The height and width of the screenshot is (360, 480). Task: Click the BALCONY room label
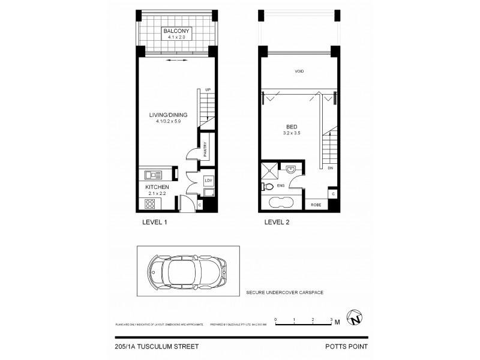click(x=173, y=31)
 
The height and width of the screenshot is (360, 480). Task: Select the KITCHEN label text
click(x=157, y=188)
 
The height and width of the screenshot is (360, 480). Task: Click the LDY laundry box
click(x=208, y=180)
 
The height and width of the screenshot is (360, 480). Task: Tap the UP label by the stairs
click(x=208, y=89)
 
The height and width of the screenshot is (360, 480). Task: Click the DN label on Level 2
click(x=331, y=169)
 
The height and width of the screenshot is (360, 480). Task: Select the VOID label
click(x=299, y=71)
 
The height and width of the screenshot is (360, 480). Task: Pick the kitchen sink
click(x=154, y=175)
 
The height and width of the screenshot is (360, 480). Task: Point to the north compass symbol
click(x=356, y=320)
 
